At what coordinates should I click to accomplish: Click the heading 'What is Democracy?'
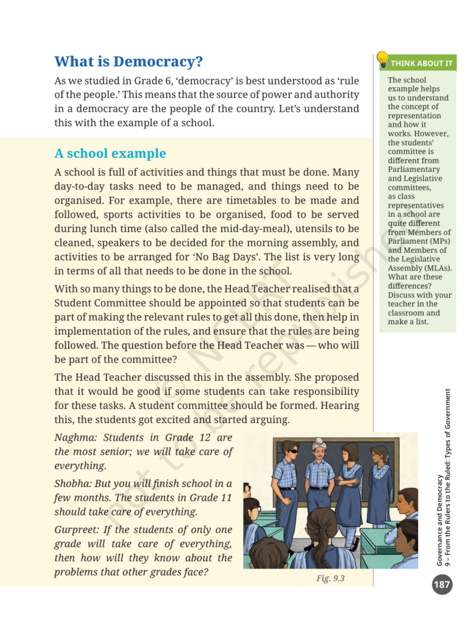tap(128, 62)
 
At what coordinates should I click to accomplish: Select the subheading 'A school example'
tap(110, 153)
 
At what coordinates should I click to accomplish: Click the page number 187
tap(442, 586)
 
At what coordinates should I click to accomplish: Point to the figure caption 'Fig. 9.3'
tap(330, 578)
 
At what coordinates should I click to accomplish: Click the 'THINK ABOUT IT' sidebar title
tap(422, 63)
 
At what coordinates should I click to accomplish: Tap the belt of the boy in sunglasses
tap(288, 489)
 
